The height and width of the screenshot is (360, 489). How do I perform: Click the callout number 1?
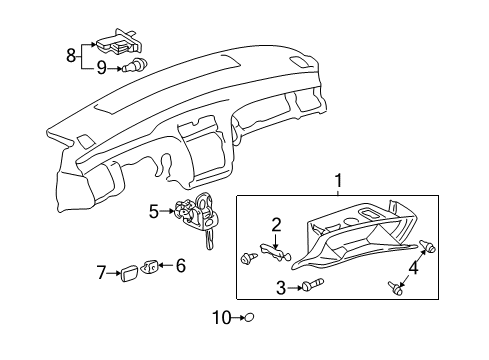[338, 181]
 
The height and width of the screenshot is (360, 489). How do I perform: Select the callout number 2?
[276, 224]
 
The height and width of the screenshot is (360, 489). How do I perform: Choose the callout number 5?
[154, 211]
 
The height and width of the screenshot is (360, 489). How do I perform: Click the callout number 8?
[71, 55]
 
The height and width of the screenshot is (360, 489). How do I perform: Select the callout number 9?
[101, 68]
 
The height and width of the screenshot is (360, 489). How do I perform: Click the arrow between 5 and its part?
[167, 211]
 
